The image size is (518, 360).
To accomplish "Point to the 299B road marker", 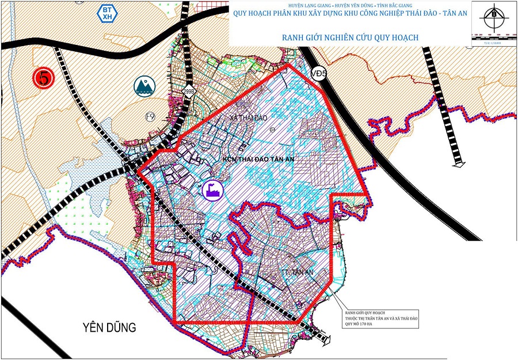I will [x=188, y=90].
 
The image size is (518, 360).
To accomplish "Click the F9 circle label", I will [x=150, y=117].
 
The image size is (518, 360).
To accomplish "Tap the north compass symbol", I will [x=493, y=18].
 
